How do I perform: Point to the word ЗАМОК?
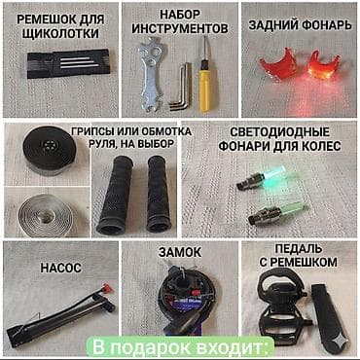[179, 252]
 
